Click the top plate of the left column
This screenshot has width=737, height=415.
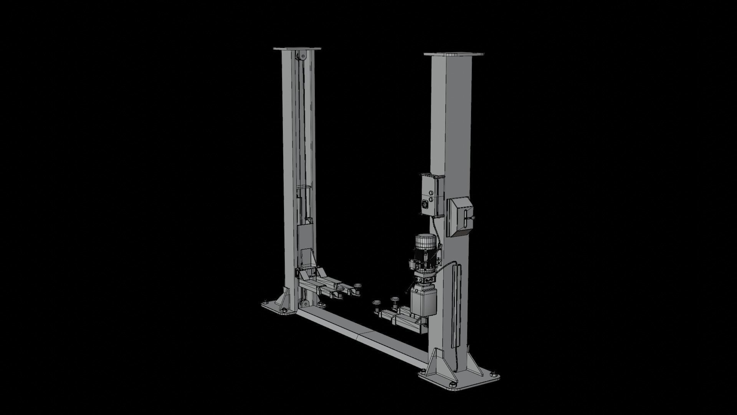297,49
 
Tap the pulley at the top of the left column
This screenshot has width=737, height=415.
301,56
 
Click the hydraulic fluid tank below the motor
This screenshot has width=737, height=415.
424,302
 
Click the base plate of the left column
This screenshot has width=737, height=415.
276,310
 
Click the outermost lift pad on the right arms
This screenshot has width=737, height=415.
376,303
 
